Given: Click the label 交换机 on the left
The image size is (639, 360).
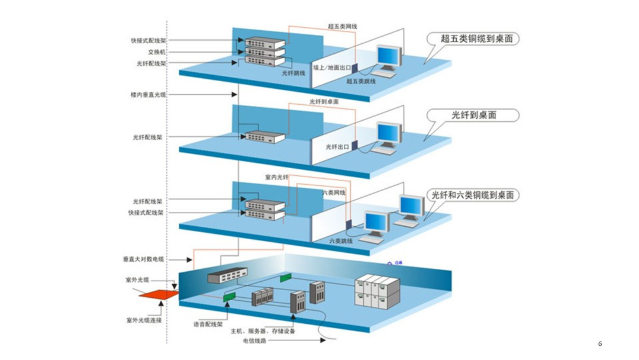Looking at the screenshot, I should (x=157, y=52).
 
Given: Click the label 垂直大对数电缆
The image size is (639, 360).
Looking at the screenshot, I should (x=143, y=259).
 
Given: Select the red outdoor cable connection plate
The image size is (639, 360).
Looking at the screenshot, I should (x=160, y=295).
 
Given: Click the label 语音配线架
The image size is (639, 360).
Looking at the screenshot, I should (x=208, y=324).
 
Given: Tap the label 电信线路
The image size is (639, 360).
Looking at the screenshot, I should (x=254, y=340).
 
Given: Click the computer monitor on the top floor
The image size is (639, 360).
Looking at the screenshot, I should (x=389, y=57).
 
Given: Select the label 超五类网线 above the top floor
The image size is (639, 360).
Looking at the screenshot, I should (x=343, y=27).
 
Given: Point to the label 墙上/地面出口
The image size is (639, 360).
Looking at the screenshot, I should (x=332, y=68).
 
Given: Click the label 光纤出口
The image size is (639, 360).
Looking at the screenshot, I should (x=337, y=146).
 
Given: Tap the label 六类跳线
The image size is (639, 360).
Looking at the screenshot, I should (x=341, y=241).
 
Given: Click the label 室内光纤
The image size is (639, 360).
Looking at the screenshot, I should (x=276, y=178).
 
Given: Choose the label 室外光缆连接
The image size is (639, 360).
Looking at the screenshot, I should (x=144, y=320).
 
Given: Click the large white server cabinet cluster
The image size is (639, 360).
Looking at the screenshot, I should (x=373, y=290).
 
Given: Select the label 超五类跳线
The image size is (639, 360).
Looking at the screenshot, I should (x=361, y=81).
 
